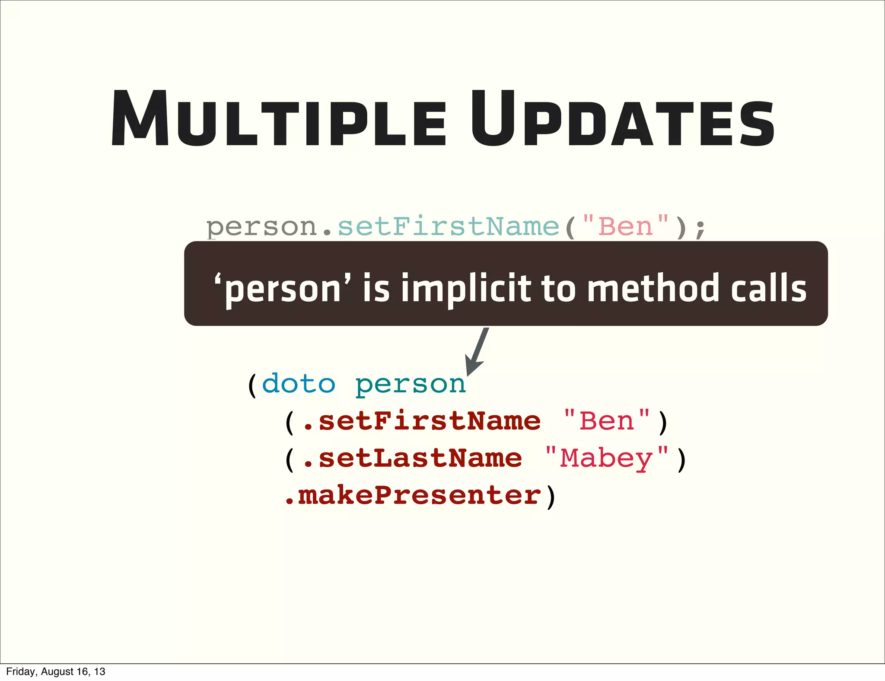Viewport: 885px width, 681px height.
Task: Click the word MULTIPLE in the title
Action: point(279,119)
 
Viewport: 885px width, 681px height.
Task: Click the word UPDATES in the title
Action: point(622,119)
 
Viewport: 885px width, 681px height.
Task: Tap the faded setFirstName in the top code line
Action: point(448,226)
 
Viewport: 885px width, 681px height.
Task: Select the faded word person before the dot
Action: point(262,227)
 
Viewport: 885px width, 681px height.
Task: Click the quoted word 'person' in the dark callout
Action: point(283,288)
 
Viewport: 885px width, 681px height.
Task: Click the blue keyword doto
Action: point(299,384)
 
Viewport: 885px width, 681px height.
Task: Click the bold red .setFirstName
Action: point(421,421)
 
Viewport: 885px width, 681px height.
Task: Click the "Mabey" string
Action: point(607,459)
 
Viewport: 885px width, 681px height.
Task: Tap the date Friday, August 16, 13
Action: point(56,671)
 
